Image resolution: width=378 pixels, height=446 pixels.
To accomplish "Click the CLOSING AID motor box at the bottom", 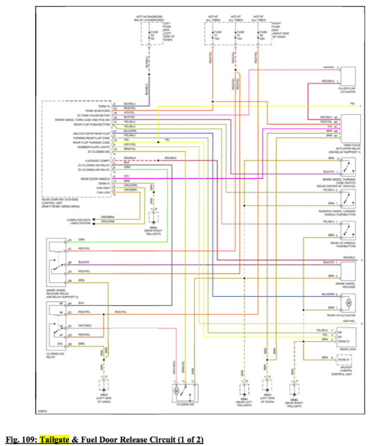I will tap(184, 392).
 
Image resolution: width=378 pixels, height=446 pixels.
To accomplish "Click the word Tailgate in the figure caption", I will tap(52, 439).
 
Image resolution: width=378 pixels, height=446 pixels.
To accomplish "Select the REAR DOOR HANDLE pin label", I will tap(95, 178).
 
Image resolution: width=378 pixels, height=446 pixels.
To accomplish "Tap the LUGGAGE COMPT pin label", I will tap(98, 161).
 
